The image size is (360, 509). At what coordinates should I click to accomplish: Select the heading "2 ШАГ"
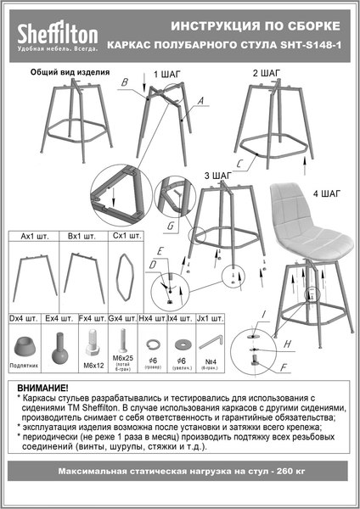(x=267, y=74)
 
